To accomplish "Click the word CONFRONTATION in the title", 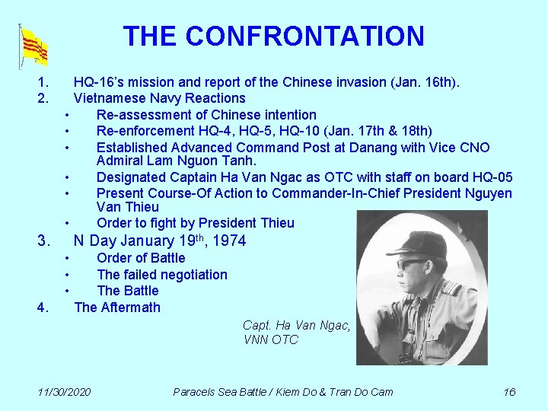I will [304, 36].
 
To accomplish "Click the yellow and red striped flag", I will [34, 47].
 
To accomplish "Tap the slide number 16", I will [509, 392].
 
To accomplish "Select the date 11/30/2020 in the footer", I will [65, 392].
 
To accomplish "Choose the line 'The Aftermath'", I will [117, 307].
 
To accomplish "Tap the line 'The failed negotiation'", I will [162, 275].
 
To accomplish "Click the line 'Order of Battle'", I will [141, 258].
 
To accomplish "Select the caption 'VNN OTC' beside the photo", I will [271, 339].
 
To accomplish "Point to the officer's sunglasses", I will [413, 264].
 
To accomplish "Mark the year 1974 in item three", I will [231, 242].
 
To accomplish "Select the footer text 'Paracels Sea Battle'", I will [221, 392].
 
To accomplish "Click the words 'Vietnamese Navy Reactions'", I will [159, 98].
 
